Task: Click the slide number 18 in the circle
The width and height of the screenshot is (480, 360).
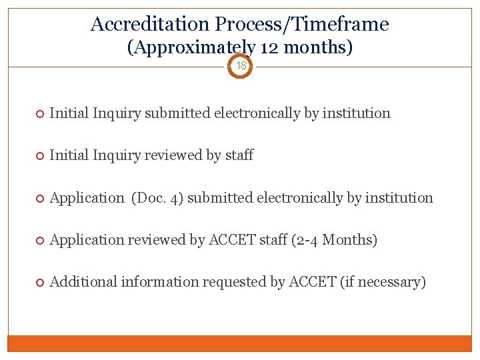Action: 241,66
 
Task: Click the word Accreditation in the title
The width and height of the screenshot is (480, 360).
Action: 150,25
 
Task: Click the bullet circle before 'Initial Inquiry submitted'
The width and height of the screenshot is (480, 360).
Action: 39,114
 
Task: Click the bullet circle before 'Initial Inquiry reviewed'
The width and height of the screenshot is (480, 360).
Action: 39,156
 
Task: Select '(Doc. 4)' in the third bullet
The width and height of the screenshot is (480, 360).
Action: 157,198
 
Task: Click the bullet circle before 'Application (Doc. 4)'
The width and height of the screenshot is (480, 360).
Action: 39,199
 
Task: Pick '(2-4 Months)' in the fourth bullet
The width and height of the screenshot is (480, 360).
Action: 335,240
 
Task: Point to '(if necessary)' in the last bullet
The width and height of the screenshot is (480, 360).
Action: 383,282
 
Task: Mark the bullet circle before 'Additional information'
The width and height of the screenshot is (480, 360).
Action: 39,283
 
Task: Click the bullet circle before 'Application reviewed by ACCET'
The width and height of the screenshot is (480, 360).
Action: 39,241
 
